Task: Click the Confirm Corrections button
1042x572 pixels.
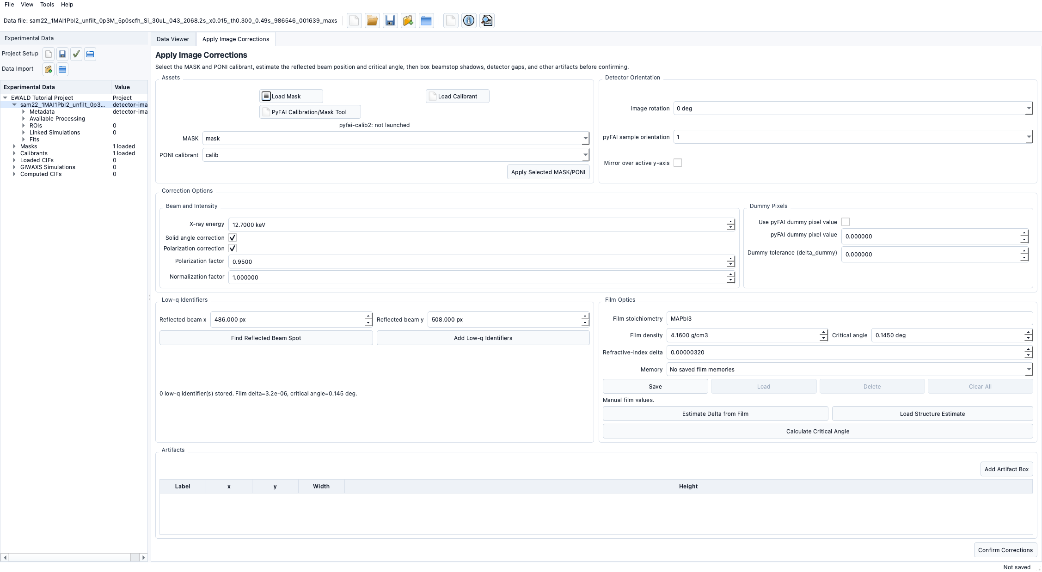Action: [1005, 550]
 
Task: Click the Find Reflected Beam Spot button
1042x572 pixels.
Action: [266, 338]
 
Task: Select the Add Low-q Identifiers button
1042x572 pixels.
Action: [483, 338]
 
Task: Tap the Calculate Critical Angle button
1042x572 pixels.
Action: [817, 431]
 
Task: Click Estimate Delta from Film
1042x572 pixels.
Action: [715, 414]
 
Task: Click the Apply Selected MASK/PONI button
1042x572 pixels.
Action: [548, 172]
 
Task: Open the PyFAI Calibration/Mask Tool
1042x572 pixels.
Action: [310, 112]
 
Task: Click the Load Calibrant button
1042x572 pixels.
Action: [457, 96]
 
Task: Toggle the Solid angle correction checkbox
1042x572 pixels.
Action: [233, 237]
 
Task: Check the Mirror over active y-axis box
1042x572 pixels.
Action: [678, 163]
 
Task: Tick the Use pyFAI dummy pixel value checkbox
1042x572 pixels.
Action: [846, 222]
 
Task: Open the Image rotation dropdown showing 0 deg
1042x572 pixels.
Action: [853, 108]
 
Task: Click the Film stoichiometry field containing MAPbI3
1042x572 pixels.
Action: [849, 318]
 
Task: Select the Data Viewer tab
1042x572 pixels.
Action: [173, 39]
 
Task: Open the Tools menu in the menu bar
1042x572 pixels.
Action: [47, 4]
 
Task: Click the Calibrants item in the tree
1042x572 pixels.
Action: [34, 153]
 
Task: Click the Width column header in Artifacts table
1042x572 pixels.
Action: [321, 486]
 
